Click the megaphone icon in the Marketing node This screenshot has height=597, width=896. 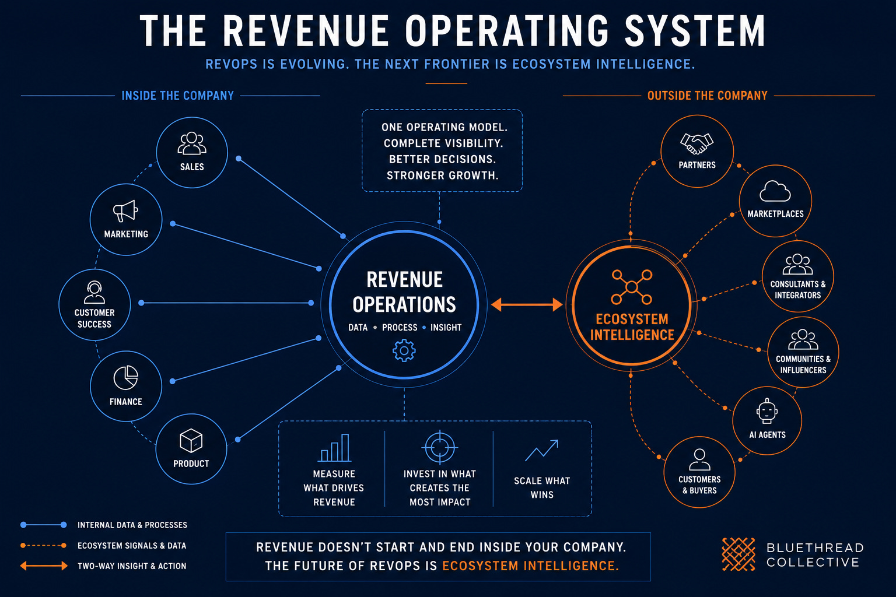coord(125,210)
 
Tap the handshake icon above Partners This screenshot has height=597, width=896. coord(696,143)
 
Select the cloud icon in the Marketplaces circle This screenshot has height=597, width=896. coord(775,191)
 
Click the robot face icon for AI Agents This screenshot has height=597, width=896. coord(767,411)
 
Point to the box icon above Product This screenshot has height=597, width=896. coord(191,441)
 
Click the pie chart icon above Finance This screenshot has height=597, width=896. coord(125,377)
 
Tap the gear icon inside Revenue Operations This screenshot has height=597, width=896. coord(404,351)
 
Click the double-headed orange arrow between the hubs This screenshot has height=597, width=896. coord(527,305)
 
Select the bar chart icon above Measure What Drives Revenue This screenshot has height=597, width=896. coord(334,448)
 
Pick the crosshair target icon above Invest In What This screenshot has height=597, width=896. coord(440,447)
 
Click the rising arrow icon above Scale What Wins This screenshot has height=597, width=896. coord(541,451)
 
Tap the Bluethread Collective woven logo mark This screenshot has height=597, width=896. coord(738,554)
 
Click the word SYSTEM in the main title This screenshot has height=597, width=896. coord(695,31)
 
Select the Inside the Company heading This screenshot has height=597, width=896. coord(177,96)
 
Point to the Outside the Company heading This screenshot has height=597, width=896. coord(707,96)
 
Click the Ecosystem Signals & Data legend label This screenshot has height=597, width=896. coord(132,546)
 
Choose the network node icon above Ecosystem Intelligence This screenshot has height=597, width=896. coord(632,287)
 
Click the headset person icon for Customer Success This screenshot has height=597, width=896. coord(94,292)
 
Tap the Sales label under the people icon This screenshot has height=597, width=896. coord(192,167)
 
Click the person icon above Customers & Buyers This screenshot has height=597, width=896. coord(699,459)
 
